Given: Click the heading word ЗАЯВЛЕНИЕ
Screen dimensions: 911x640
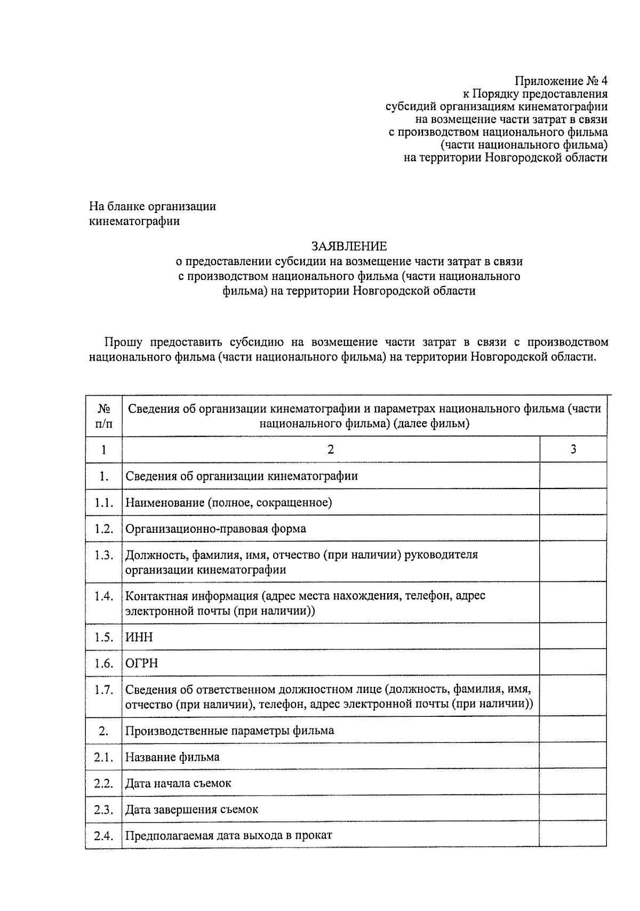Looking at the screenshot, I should coord(349,246).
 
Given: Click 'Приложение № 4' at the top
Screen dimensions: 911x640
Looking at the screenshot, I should coord(561,81).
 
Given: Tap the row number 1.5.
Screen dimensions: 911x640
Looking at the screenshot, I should coord(104,637).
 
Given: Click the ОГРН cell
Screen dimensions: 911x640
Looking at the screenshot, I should coord(141,663).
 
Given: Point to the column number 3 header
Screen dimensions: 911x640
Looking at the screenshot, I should coord(573,449).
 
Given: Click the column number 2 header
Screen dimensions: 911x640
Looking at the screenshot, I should coord(331,449).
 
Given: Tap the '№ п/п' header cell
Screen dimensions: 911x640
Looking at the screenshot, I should coord(104,416).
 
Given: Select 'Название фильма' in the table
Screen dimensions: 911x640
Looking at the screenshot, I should coord(172,757).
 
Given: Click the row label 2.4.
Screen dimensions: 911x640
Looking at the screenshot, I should coord(104,835).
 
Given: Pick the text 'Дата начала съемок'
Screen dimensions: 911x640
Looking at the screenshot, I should coord(178,783).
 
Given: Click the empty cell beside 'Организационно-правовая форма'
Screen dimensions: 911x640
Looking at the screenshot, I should coord(573,529).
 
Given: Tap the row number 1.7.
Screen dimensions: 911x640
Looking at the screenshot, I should coord(104,690).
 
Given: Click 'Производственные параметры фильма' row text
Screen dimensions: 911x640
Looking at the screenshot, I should coord(229,730).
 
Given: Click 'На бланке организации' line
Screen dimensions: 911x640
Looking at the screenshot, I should coord(153,206).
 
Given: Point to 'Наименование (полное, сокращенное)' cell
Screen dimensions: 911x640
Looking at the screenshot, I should coord(228,502).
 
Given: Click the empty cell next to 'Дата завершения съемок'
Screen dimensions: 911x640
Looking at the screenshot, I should coord(573,809).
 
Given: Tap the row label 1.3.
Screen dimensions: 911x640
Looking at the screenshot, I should coord(104,555).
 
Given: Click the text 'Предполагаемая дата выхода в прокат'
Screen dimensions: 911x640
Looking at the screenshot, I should coord(228,835).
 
